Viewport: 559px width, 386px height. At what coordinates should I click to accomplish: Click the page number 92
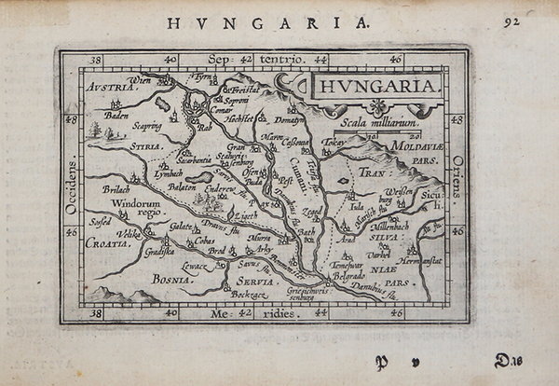pos(511,21)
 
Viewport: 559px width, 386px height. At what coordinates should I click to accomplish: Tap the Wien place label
pos(140,80)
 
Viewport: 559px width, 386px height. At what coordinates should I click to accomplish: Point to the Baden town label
pos(116,117)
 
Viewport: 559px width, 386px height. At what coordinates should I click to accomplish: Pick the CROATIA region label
pos(108,242)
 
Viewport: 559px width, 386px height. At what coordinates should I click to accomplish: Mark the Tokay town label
pos(334,143)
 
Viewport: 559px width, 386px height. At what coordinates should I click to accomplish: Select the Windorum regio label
pos(137,207)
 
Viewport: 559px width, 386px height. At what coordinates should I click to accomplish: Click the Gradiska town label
pos(160,250)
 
